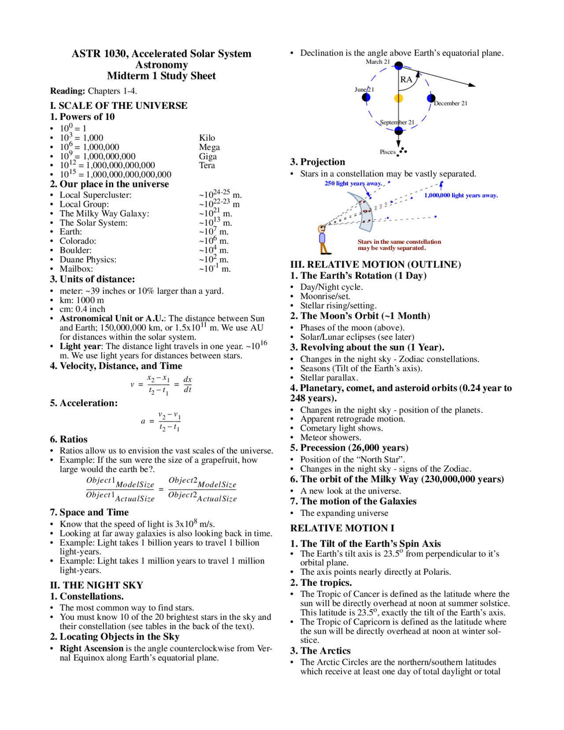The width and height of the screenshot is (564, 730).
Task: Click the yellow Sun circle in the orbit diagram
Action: click(x=398, y=98)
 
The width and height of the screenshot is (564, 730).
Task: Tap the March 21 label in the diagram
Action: click(x=378, y=62)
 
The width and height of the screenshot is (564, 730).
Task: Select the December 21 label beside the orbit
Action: click(x=450, y=103)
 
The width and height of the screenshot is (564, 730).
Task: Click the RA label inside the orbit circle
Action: click(x=406, y=79)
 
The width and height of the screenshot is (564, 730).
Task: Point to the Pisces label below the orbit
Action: click(x=388, y=152)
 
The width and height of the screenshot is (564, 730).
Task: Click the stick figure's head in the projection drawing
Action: click(x=322, y=229)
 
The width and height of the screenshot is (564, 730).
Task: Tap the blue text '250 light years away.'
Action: click(x=353, y=183)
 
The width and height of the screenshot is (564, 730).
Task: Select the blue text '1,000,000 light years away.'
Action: click(x=460, y=195)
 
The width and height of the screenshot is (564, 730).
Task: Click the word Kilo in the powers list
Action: click(x=207, y=138)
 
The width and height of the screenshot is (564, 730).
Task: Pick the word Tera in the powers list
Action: click(x=207, y=165)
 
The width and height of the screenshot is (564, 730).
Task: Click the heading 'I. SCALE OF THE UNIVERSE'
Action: click(x=119, y=106)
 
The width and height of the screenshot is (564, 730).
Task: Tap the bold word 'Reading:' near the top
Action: click(x=67, y=91)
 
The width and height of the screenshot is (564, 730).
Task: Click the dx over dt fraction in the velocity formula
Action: click(x=187, y=384)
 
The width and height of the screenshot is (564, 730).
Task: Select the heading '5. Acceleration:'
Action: click(x=84, y=403)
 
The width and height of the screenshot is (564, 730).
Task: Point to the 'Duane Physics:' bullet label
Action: click(x=88, y=260)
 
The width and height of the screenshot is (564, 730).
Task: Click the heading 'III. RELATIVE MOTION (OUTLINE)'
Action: click(x=375, y=264)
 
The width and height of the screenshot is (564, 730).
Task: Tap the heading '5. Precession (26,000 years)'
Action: click(x=349, y=448)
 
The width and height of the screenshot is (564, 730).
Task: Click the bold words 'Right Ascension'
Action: click(x=92, y=648)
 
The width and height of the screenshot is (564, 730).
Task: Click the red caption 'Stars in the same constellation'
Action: click(x=399, y=242)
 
